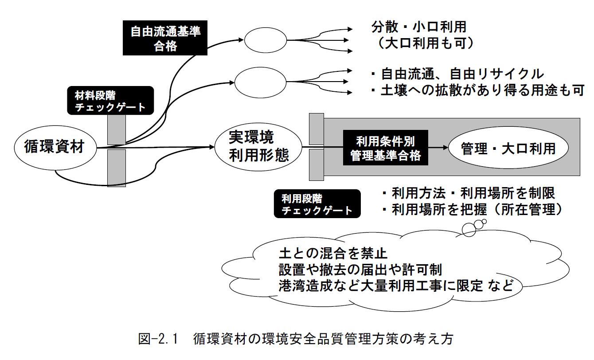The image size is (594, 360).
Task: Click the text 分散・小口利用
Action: point(418,27)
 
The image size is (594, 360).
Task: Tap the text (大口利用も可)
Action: point(418,44)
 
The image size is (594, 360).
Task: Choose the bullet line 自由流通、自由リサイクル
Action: point(456,74)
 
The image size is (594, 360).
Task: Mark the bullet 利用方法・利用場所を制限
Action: point(468,193)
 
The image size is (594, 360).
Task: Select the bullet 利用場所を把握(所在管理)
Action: point(472,210)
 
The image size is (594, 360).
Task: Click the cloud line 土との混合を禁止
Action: point(333,254)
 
